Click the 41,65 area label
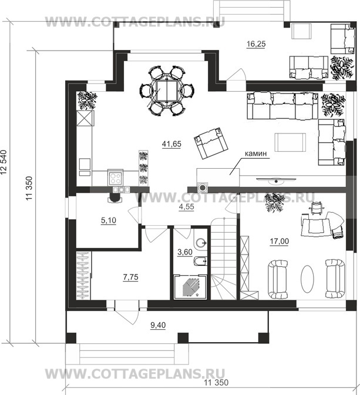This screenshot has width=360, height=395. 171,144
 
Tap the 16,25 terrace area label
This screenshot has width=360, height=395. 256,44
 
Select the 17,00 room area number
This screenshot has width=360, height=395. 280,242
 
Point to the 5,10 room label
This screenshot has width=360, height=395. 109,220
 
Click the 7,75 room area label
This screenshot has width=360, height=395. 130,277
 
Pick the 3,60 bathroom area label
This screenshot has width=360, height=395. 185,252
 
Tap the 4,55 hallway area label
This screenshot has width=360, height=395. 186,206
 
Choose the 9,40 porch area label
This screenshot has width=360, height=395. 158,325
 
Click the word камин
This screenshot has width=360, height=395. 255,153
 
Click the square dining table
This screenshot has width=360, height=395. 167,91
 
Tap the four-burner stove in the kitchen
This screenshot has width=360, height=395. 116,178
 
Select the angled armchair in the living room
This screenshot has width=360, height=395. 211,143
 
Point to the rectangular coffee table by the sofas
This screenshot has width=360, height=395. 290,142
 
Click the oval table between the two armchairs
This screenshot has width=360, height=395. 307,279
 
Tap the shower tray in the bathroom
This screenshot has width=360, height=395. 190,287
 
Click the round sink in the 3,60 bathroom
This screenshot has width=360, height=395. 201,243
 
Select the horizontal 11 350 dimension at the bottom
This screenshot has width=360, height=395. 216,383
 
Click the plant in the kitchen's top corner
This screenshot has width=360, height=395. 87,101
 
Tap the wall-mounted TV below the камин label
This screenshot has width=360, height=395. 276,180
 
